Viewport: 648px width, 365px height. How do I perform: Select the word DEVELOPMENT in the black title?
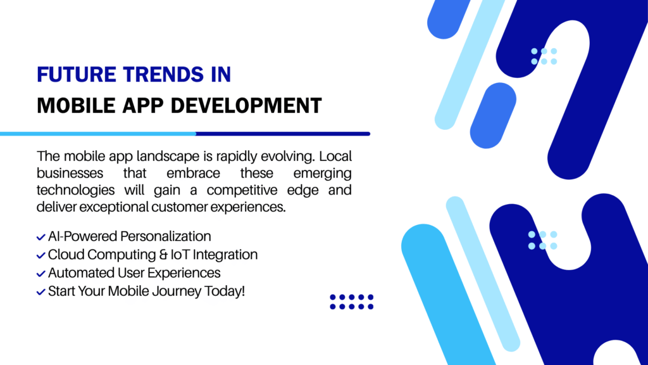click(x=246, y=106)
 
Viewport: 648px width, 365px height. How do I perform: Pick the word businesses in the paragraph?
click(x=70, y=173)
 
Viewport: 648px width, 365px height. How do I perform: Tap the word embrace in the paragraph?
click(x=193, y=173)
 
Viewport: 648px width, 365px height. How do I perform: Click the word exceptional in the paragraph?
click(x=114, y=207)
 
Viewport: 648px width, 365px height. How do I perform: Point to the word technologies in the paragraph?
click(x=76, y=190)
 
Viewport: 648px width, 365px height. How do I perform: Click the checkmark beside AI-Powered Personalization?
click(x=40, y=237)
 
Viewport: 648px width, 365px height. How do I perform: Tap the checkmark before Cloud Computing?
click(x=40, y=255)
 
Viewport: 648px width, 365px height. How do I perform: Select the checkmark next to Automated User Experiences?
click(x=40, y=274)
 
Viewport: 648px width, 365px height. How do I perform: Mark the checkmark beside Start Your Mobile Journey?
click(x=40, y=291)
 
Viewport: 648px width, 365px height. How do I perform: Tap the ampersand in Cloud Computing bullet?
click(x=163, y=255)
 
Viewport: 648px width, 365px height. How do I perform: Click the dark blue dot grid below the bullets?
click(x=352, y=302)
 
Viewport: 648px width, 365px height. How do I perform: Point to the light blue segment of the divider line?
click(x=98, y=134)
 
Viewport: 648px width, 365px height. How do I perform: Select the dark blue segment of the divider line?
click(x=283, y=134)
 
